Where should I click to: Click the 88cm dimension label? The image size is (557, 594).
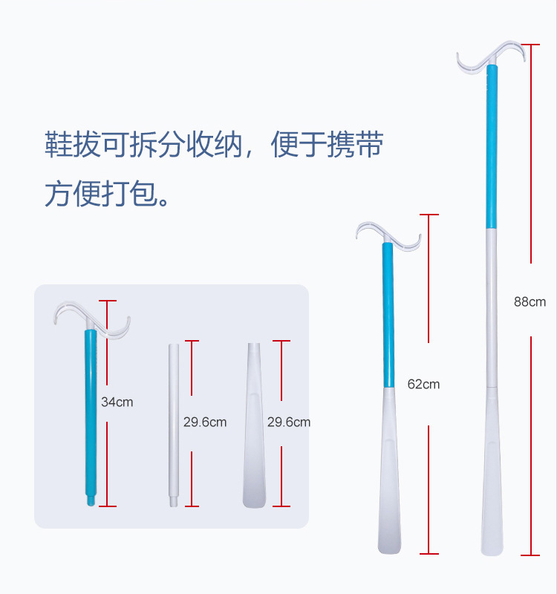pyautogui.click(x=530, y=301)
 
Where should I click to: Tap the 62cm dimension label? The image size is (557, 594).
pyautogui.click(x=423, y=384)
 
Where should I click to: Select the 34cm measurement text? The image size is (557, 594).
pyautogui.click(x=117, y=402)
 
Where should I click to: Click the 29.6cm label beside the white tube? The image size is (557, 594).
pyautogui.click(x=205, y=422)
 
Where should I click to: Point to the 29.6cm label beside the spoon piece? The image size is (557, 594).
pyautogui.click(x=289, y=422)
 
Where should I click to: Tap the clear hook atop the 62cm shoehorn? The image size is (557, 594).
pyautogui.click(x=388, y=234)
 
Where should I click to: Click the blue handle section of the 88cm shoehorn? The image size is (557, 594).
pyautogui.click(x=490, y=148)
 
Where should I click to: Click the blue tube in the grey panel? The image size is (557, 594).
pyautogui.click(x=90, y=416)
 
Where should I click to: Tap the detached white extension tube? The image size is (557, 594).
pyautogui.click(x=174, y=423)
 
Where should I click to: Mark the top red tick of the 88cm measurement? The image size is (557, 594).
pyautogui.click(x=530, y=43)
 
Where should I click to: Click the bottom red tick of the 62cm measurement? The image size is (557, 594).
pyautogui.click(x=429, y=553)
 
